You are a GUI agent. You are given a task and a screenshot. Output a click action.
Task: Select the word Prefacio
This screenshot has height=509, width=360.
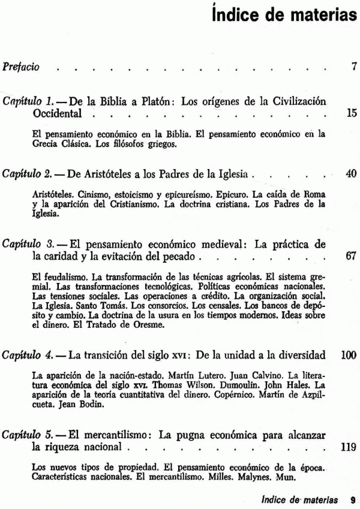(x=21, y=67)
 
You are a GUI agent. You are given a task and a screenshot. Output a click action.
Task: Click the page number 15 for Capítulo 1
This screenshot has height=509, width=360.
(x=352, y=113)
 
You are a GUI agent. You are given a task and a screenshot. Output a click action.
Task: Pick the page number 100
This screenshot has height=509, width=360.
(x=349, y=355)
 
